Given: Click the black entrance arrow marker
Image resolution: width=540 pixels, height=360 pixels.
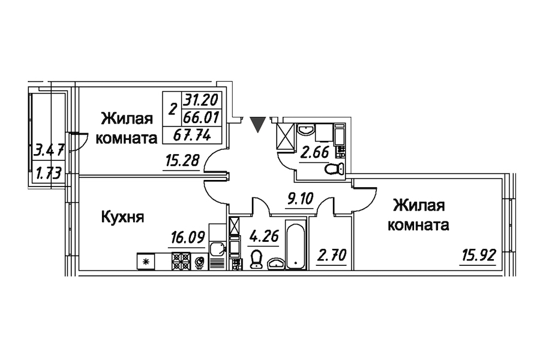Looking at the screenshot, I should [257, 124].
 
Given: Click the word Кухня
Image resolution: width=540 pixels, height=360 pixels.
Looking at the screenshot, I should [122, 217].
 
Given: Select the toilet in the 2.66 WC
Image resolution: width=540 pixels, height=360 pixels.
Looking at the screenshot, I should [332, 169].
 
